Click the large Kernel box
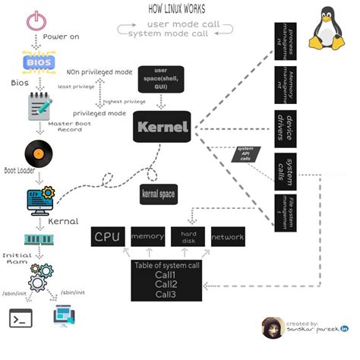pos(161,127)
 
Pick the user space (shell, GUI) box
pos(159,76)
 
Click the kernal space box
pos(158,194)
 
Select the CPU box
pos(108,237)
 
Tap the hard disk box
pos(188,237)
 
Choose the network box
pos(227,237)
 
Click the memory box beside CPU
pos(147,237)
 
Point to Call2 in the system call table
pos(166,283)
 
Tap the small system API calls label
pos(245,154)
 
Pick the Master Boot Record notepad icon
pos(38,106)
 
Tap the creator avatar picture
pos(272,329)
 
